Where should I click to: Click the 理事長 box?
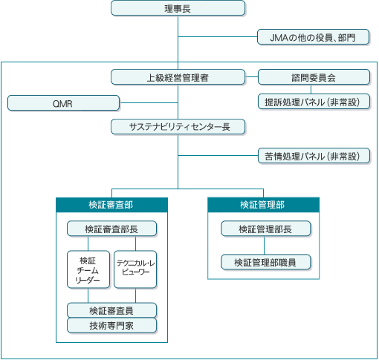[178, 8]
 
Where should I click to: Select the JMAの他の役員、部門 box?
[313, 37]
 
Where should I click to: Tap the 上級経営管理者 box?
[178, 77]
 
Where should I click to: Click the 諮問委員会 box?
[314, 77]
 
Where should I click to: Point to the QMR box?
[63, 103]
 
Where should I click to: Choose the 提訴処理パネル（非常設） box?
[314, 102]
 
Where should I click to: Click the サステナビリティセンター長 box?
[178, 127]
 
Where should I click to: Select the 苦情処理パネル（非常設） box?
[314, 156]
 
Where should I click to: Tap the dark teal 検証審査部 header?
[111, 205]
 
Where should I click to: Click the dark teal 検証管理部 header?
[263, 205]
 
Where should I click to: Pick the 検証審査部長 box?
[111, 229]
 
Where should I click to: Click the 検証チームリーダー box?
[88, 269]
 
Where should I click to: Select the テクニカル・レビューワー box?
[135, 269]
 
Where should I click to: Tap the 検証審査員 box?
[111, 310]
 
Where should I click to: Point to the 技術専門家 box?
[111, 325]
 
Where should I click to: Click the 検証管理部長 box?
[266, 229]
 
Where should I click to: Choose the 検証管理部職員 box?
[266, 262]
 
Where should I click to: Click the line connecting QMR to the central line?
[149, 102]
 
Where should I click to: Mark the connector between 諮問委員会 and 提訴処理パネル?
[311, 89]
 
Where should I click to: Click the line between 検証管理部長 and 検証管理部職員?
[264, 246]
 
